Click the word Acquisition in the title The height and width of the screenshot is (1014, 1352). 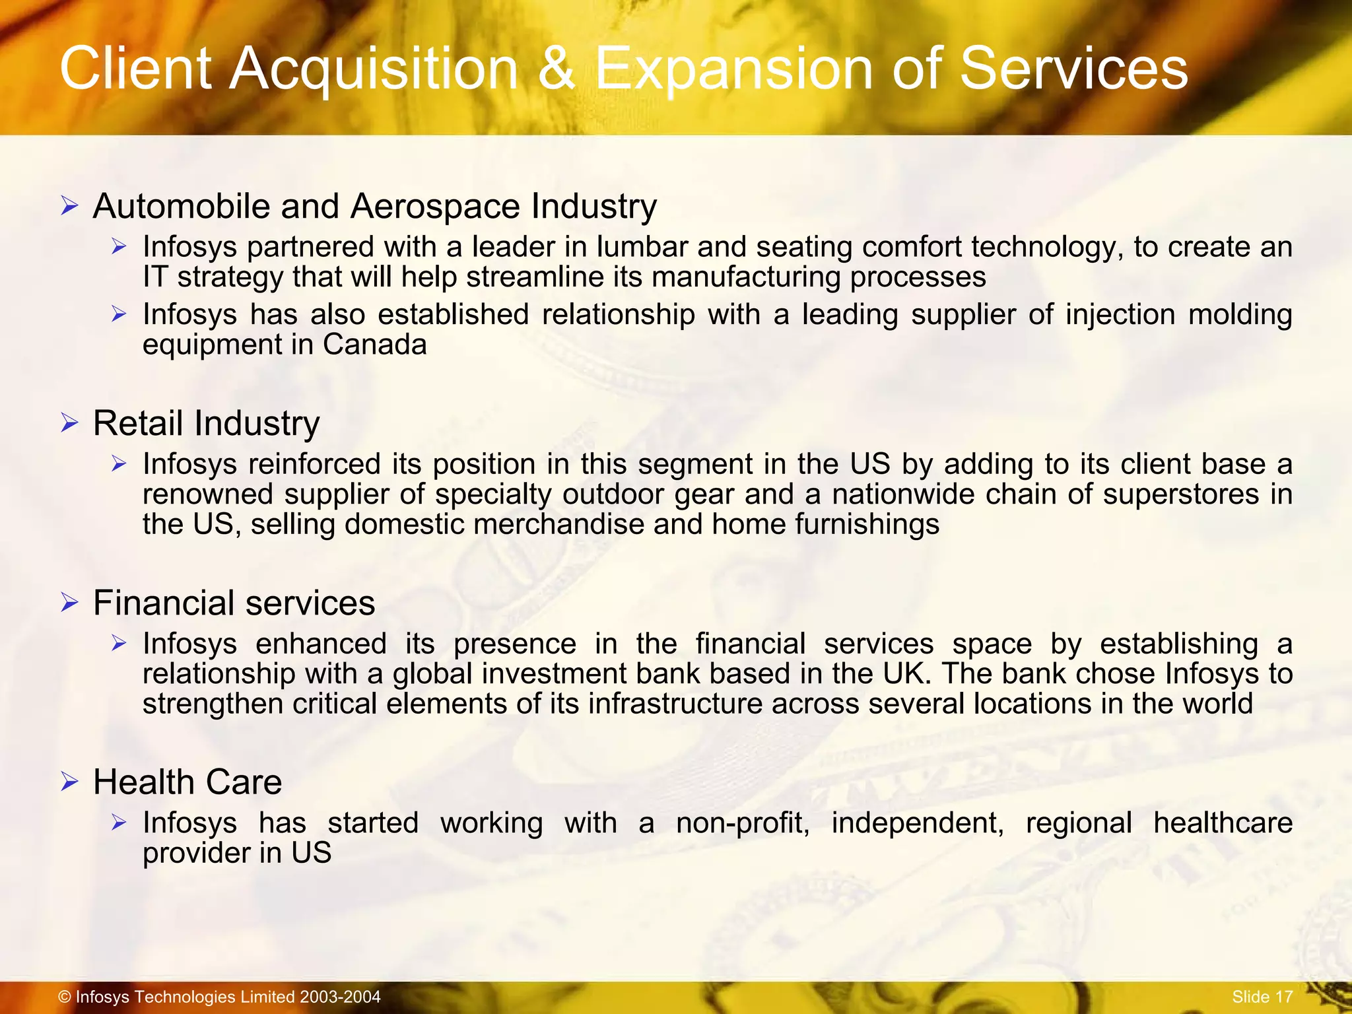[374, 70]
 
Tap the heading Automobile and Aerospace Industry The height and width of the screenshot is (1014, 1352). [374, 207]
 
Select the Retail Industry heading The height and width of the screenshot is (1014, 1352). [206, 423]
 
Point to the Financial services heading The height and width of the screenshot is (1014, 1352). [234, 603]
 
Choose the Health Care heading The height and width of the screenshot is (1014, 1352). [187, 782]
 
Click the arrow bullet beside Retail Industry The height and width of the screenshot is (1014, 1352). [69, 422]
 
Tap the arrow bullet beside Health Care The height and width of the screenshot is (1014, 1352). [69, 782]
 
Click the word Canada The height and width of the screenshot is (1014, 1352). [374, 345]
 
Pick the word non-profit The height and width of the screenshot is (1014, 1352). [742, 823]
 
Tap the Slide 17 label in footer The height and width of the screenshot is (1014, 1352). [1262, 997]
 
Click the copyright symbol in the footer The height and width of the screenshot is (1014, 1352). [64, 997]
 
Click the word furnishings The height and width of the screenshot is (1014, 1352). [867, 525]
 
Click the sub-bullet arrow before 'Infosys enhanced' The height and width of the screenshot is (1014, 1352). [119, 643]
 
